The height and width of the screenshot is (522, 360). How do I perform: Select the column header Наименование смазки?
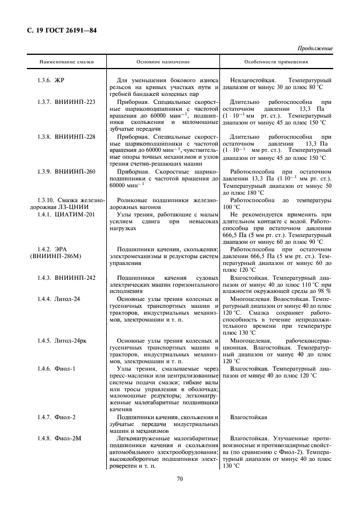click(x=66, y=61)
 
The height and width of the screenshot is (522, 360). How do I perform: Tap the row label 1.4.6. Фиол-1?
click(x=56, y=368)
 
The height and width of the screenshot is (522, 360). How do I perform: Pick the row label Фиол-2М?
click(x=67, y=437)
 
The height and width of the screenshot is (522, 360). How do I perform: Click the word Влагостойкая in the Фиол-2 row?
click(x=249, y=417)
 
